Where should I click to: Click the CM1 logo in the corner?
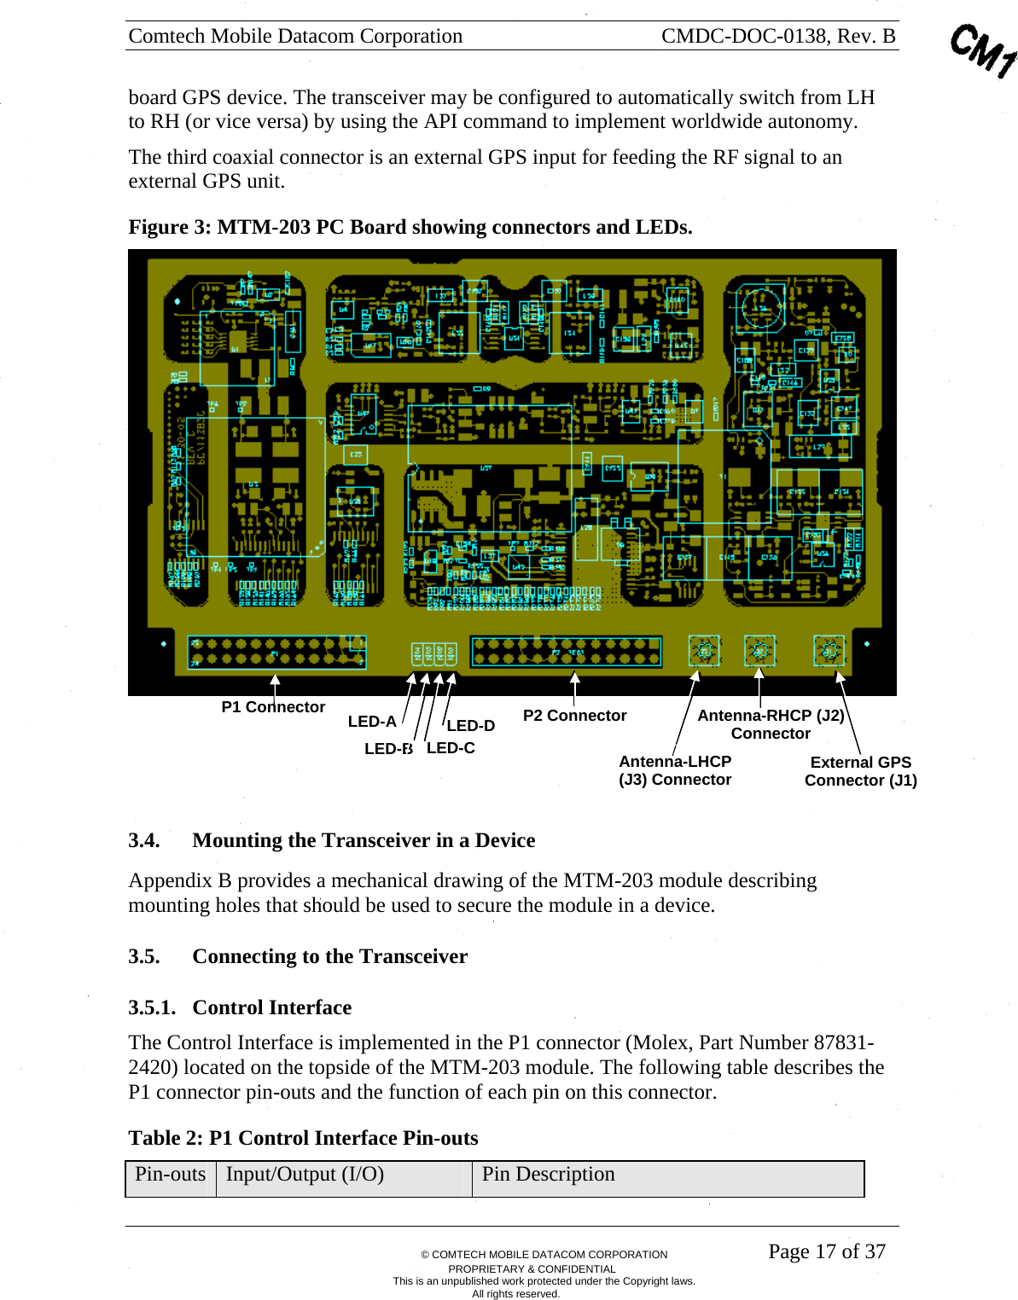click(x=984, y=51)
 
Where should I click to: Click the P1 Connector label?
click(x=273, y=707)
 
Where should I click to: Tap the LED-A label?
click(x=372, y=722)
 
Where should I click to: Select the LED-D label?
click(x=471, y=726)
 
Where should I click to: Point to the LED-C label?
click(x=451, y=748)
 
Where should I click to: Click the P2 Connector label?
click(x=574, y=716)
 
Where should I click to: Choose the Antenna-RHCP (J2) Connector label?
click(x=771, y=724)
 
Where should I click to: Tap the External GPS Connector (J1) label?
click(x=860, y=771)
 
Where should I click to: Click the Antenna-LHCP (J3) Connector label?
click(x=675, y=770)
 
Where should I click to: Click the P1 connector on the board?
click(x=277, y=653)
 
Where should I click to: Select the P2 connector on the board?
click(x=566, y=652)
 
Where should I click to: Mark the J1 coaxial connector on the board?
click(x=829, y=652)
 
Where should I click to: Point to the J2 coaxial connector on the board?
click(x=759, y=652)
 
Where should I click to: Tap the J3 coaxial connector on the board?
click(x=704, y=652)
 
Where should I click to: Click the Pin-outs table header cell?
click(x=171, y=1175)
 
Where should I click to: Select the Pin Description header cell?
click(x=548, y=1175)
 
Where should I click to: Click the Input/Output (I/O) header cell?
click(x=305, y=1175)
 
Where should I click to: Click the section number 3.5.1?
click(x=152, y=1007)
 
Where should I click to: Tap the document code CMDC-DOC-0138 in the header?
click(x=744, y=36)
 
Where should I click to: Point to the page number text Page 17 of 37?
click(x=827, y=1251)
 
